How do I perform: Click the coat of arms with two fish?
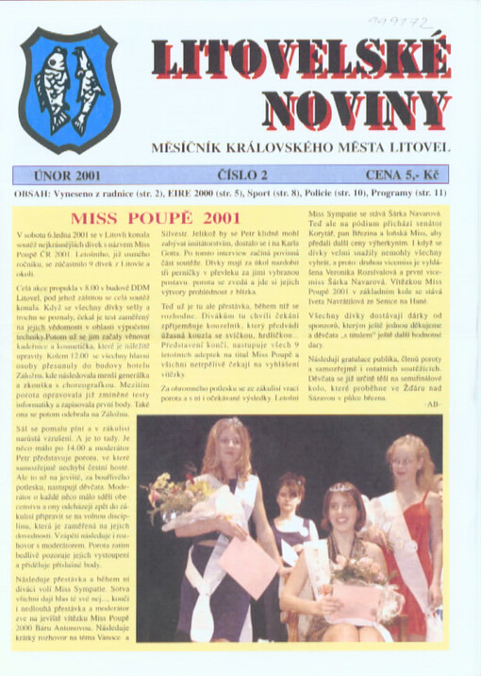coord(71,91)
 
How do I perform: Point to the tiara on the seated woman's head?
coord(340,487)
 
